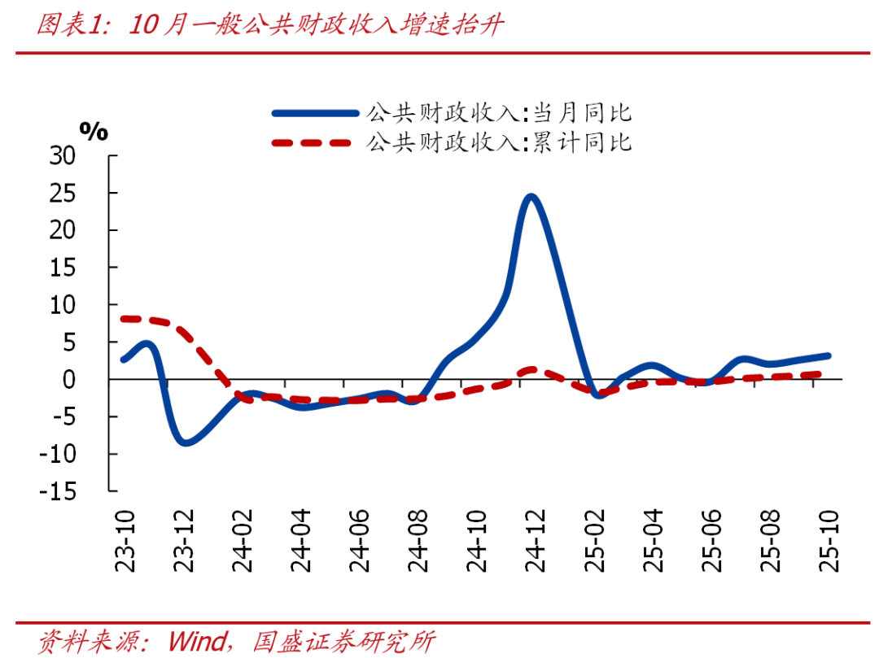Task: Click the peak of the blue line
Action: pyautogui.click(x=531, y=197)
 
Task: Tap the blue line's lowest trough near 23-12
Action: pyautogui.click(x=186, y=442)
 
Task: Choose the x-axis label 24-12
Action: pyautogui.click(x=536, y=540)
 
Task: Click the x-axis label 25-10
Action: pyautogui.click(x=828, y=540)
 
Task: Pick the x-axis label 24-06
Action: pyautogui.click(x=361, y=540)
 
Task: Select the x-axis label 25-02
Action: pyautogui.click(x=595, y=540)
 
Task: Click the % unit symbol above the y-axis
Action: pyautogui.click(x=94, y=131)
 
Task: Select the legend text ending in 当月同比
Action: pyautogui.click(x=499, y=113)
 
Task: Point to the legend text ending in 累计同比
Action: pyautogui.click(x=499, y=143)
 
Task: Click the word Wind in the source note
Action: pyautogui.click(x=198, y=641)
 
